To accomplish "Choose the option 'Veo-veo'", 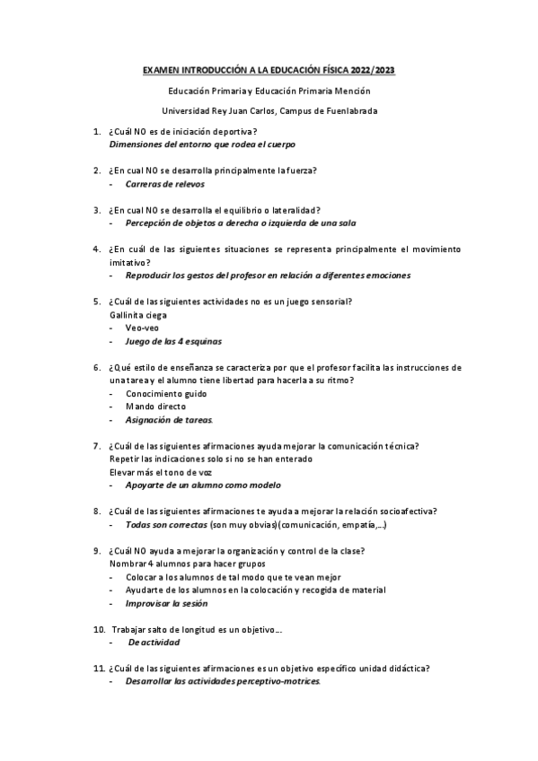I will coord(143,328).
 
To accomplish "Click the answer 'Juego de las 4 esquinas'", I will coord(173,341).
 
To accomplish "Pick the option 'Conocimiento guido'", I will coord(166,393).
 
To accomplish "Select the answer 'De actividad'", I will coord(154,643).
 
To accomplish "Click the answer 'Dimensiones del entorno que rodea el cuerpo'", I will coord(202,144).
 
